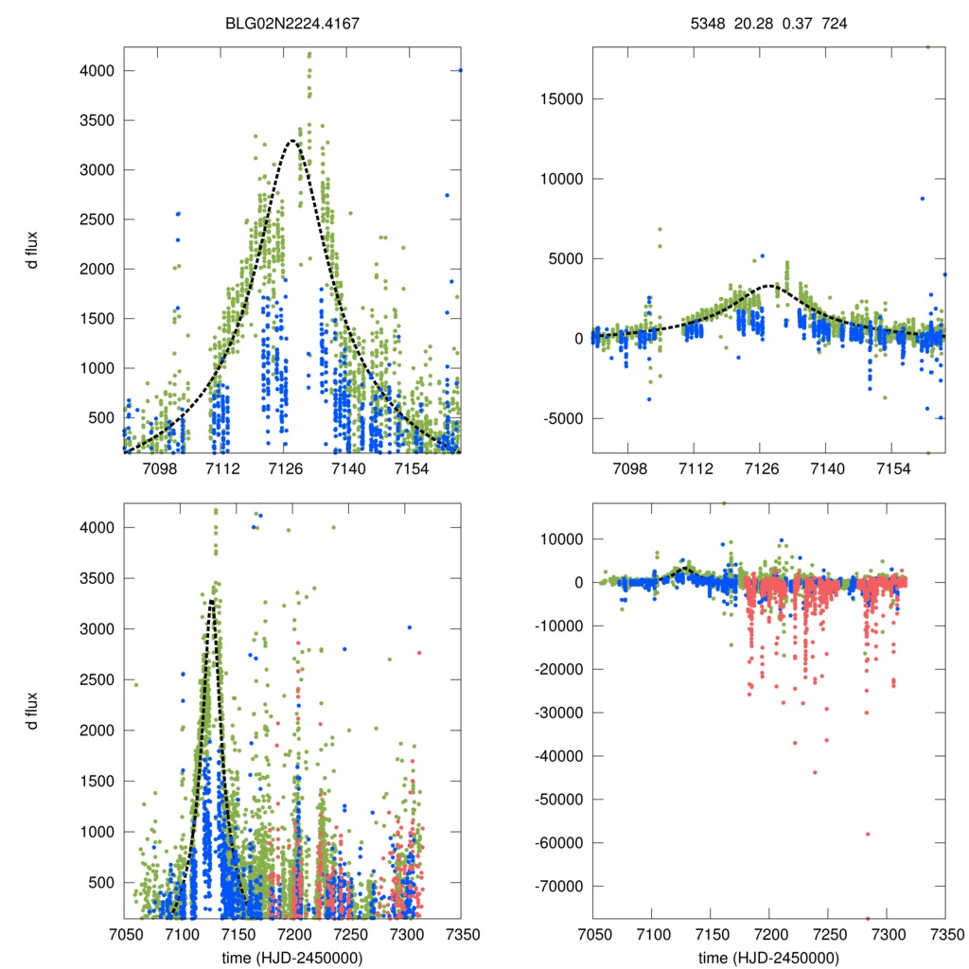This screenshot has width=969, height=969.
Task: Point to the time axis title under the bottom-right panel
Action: click(768, 958)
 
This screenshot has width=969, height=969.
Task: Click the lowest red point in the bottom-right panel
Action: click(868, 918)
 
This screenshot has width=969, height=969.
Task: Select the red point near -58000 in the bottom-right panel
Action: click(868, 834)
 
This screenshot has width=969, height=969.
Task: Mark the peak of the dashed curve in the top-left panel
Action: click(293, 141)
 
